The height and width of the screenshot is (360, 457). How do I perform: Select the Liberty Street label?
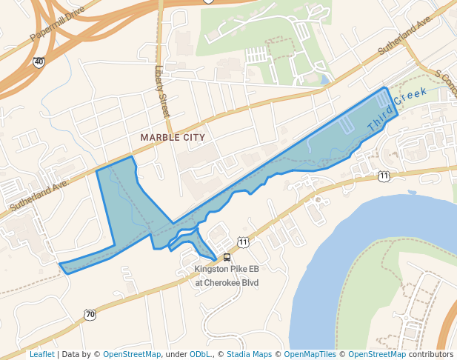point(162,91)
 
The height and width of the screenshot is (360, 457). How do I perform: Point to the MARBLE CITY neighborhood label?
point(173,138)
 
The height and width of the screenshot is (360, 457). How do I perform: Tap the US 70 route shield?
point(90,314)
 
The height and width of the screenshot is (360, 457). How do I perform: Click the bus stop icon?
point(227,258)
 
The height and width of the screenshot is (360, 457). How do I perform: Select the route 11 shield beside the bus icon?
point(243,241)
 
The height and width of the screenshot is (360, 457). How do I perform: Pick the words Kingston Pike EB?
point(227,270)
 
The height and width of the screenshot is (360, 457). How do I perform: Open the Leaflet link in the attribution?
point(41,354)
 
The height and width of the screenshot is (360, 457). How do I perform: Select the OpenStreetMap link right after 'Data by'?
point(132,354)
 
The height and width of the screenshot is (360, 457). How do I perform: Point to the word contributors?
point(431,354)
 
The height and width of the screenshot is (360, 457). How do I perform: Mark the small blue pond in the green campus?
point(324,79)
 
